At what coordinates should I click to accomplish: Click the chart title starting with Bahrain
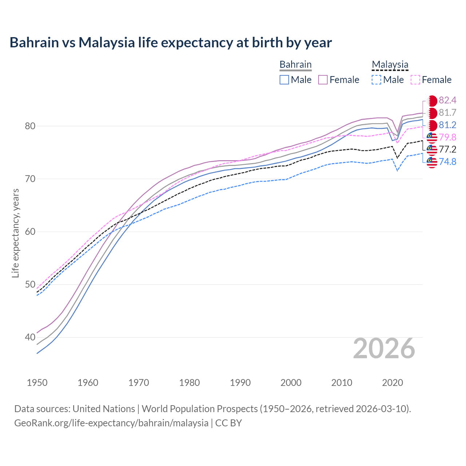(x=170, y=43)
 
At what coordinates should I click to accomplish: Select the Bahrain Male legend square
(x=284, y=80)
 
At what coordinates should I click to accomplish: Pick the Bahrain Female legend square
(x=323, y=80)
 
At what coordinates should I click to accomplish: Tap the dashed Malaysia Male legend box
(x=376, y=80)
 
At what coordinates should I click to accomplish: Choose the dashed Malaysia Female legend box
(x=415, y=80)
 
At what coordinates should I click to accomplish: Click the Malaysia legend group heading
(x=390, y=65)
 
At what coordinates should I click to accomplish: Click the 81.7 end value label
(x=447, y=113)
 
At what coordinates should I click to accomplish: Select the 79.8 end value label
(x=447, y=137)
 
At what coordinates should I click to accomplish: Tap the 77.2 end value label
(x=447, y=150)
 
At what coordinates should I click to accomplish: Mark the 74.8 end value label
(x=447, y=162)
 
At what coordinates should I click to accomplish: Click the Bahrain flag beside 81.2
(x=432, y=125)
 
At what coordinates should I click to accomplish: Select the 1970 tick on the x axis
(x=139, y=383)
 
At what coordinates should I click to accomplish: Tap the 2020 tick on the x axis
(x=392, y=383)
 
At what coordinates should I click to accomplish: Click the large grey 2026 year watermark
(x=384, y=349)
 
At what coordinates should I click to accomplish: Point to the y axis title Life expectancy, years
(x=16, y=233)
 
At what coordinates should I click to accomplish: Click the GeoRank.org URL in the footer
(x=111, y=423)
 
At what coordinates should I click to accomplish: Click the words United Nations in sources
(x=104, y=409)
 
